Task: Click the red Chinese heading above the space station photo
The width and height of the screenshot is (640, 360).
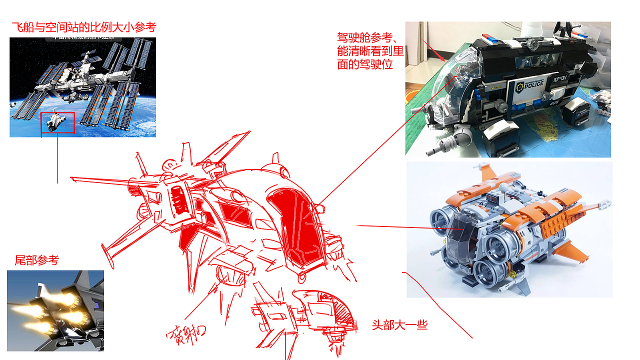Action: [x=83, y=27]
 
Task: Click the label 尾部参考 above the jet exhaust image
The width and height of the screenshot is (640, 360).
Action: [x=36, y=260]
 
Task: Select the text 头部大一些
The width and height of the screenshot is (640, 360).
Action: [x=399, y=325]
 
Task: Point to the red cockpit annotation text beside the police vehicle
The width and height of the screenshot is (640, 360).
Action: [x=370, y=51]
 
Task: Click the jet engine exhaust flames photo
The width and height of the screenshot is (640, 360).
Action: [x=55, y=310]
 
